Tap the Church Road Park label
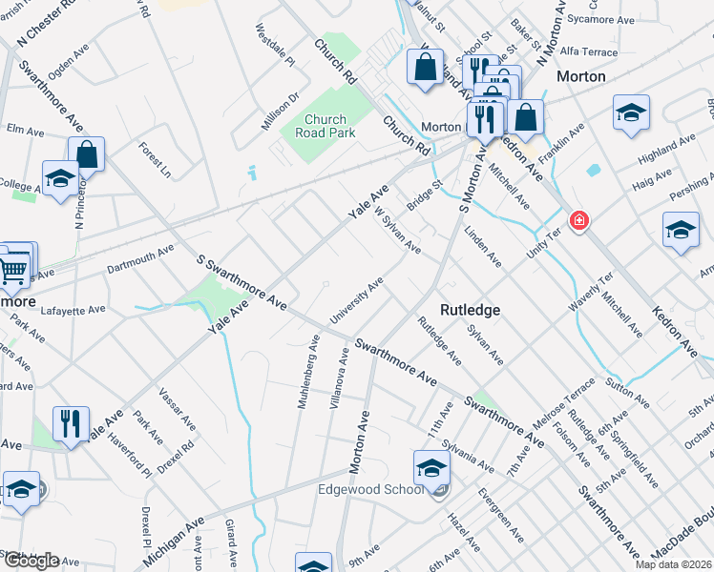tap(330, 126)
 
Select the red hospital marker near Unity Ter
tap(578, 222)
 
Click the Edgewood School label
tap(370, 490)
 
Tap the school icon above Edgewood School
tap(431, 468)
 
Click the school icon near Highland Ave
tap(631, 112)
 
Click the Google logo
tap(31, 561)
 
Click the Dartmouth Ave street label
tap(140, 260)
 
